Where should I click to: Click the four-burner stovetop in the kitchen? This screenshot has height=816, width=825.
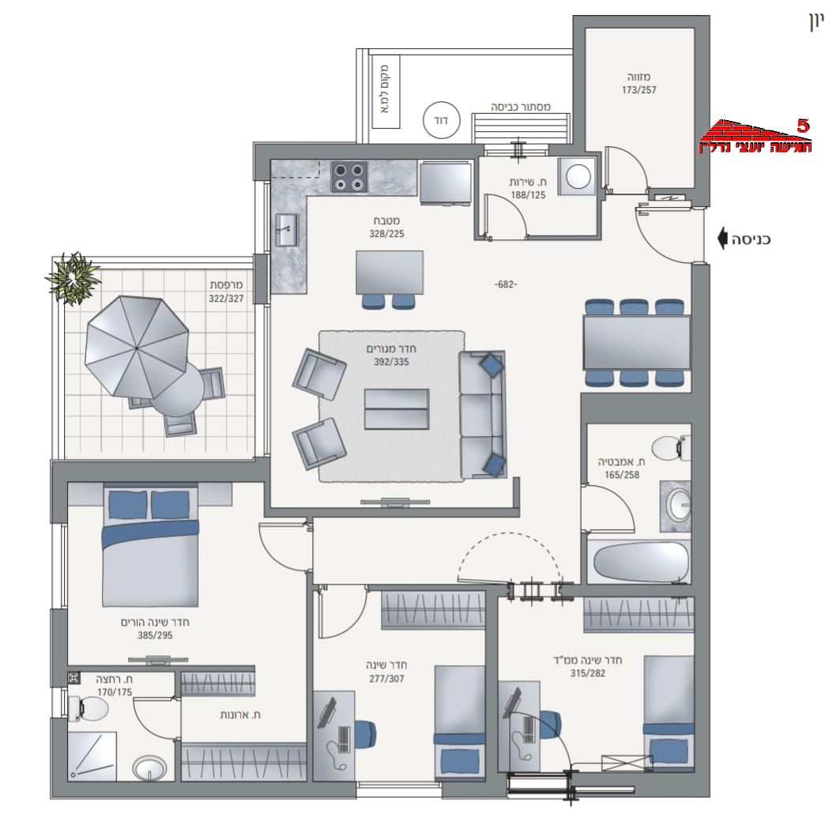click(x=348, y=177)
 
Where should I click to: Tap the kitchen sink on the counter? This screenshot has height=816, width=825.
click(x=286, y=229)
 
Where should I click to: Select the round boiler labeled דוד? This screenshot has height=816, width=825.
click(x=442, y=121)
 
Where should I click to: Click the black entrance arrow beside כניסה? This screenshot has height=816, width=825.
click(x=722, y=239)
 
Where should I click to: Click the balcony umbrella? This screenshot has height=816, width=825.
click(x=136, y=348)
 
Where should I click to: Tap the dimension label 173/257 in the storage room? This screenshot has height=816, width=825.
click(x=639, y=90)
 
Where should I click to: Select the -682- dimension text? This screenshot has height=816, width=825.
click(x=506, y=284)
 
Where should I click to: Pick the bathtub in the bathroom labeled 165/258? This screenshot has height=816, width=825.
click(x=640, y=562)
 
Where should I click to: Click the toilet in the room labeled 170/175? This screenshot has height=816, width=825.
click(x=88, y=709)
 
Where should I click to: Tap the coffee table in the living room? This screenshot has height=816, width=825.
click(x=397, y=408)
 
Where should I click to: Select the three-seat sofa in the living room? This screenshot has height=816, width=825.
click(x=482, y=415)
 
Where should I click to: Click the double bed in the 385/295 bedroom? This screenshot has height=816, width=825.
click(x=150, y=546)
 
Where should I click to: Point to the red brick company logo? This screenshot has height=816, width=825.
click(x=755, y=136)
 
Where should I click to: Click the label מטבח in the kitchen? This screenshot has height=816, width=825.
click(x=386, y=221)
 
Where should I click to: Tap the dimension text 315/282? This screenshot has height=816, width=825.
click(x=588, y=673)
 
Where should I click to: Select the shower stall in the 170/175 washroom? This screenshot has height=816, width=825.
click(x=92, y=755)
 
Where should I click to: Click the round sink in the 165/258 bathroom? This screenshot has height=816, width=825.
click(x=679, y=505)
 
